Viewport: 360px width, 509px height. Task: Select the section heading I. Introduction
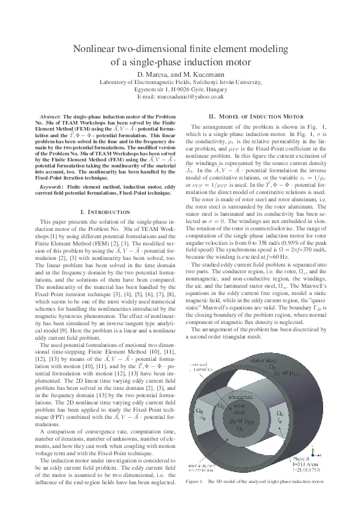coord(105,212)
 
